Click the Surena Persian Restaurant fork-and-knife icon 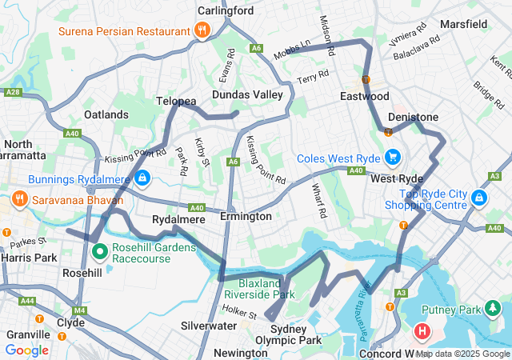tap(202, 32)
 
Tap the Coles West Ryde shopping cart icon tap(392, 156)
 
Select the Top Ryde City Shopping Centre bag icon tap(478, 197)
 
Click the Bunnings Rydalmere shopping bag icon tap(142, 178)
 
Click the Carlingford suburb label tap(226, 11)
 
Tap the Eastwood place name tap(365, 96)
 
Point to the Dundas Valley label tap(247, 94)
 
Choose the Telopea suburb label tap(176, 102)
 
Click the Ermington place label tap(246, 217)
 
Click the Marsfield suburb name tap(463, 24)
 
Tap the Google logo tap(27, 350)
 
